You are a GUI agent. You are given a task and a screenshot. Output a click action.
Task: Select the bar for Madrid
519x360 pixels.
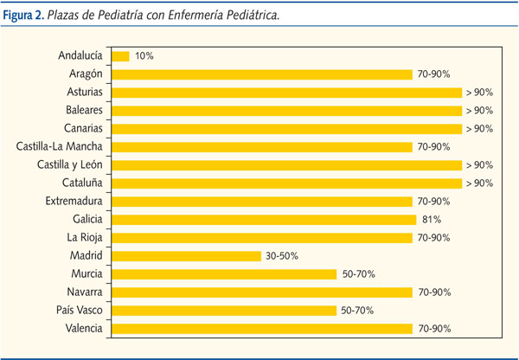click(185, 256)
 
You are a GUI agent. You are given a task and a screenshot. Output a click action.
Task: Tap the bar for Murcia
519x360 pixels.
click(223, 274)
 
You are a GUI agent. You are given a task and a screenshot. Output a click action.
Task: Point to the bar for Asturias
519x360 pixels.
click(285, 93)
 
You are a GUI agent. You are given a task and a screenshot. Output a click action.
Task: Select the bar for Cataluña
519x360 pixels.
click(285, 183)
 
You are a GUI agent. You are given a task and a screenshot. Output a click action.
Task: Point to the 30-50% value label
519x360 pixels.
click(281, 256)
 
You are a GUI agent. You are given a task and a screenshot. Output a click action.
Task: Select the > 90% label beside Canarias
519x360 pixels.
click(478, 129)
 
